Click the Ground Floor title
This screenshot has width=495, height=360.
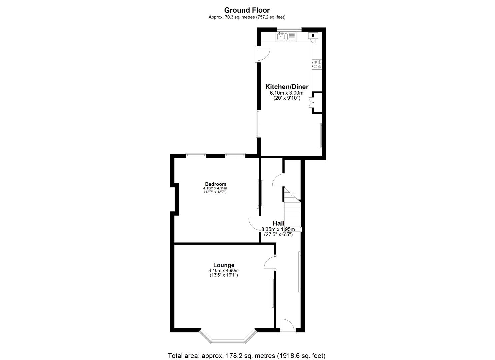247,10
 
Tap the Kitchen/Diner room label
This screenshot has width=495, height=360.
287,87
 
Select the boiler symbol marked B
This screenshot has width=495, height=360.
313,35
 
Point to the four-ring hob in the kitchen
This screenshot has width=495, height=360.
317,64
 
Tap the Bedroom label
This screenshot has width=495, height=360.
215,184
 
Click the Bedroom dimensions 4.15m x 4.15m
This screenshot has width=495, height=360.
215,188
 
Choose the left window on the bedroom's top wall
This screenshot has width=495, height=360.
196,155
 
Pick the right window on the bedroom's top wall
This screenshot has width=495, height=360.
235,155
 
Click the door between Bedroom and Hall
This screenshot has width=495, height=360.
255,224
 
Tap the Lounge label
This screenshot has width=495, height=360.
224,265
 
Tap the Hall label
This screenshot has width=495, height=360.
278,223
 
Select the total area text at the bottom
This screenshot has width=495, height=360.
247,356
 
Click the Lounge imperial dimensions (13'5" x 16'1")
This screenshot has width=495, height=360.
224,275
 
